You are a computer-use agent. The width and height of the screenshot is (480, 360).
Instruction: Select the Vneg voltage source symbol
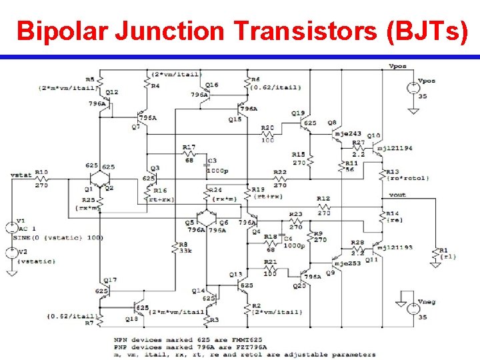(414, 307)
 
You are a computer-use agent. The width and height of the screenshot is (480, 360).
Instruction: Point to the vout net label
(398, 195)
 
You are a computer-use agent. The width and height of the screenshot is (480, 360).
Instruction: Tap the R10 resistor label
(41, 171)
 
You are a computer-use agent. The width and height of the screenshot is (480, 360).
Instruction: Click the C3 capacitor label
(212, 161)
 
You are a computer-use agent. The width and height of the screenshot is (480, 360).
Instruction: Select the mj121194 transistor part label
(395, 148)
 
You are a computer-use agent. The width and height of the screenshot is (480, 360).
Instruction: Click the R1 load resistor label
(443, 251)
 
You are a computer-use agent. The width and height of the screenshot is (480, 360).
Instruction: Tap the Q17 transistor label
(111, 280)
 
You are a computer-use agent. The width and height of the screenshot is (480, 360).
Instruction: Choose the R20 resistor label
(267, 127)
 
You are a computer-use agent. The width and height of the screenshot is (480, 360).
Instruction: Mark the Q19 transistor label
(298, 113)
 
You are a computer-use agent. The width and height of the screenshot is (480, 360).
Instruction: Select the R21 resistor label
(270, 262)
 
